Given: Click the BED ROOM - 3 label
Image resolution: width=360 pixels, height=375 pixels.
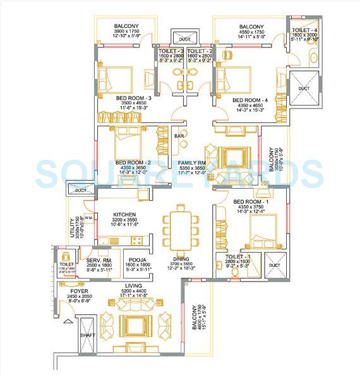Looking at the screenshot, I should (133, 98).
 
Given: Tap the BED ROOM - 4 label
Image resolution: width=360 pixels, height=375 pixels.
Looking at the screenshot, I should (249, 100).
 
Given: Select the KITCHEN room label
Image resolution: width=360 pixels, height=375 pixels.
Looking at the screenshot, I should (125, 215).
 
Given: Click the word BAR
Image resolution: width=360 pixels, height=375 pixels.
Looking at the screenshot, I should (179, 136).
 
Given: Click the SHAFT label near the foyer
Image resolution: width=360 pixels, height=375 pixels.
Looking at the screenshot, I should (87, 344).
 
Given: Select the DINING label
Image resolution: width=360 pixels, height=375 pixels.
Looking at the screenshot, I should (182, 259).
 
